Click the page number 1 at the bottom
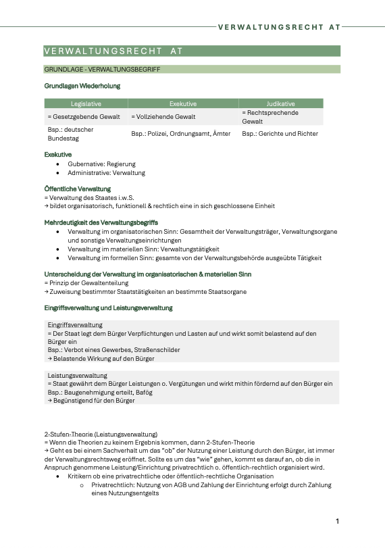[x=337, y=522]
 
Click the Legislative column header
[x=86, y=104]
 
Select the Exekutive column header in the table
[x=182, y=104]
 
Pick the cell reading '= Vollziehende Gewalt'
[x=157, y=117]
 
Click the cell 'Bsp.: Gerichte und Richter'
[x=280, y=134]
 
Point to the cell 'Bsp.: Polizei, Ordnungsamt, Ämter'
[x=181, y=134]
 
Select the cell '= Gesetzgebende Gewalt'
[x=84, y=117]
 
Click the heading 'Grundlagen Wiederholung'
[x=82, y=86]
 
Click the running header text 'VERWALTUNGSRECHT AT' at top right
[x=279, y=28]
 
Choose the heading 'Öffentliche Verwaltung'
[x=77, y=189]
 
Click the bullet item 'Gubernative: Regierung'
[x=101, y=164]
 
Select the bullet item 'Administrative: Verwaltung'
[x=106, y=173]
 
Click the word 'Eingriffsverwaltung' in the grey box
[x=75, y=325]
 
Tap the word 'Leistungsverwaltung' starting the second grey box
[x=77, y=375]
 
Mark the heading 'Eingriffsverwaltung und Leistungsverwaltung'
[x=108, y=308]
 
